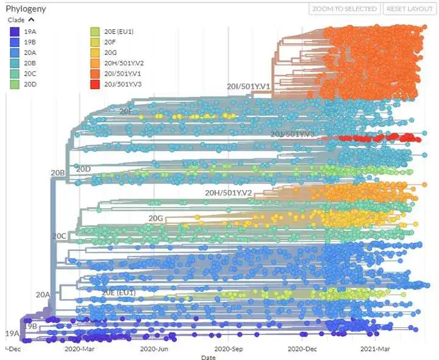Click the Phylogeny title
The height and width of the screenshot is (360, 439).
(26, 9)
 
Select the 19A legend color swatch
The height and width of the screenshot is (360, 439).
(13, 31)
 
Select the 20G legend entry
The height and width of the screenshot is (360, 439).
(110, 52)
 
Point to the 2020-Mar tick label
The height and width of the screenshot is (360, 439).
(79, 349)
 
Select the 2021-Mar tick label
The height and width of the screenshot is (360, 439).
(376, 349)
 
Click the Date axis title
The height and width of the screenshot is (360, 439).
(208, 358)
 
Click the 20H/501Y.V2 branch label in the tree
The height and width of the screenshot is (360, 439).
(229, 193)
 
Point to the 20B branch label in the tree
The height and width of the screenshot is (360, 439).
(57, 173)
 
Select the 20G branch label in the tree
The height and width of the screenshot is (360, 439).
(156, 217)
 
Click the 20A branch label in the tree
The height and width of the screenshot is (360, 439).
(43, 295)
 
